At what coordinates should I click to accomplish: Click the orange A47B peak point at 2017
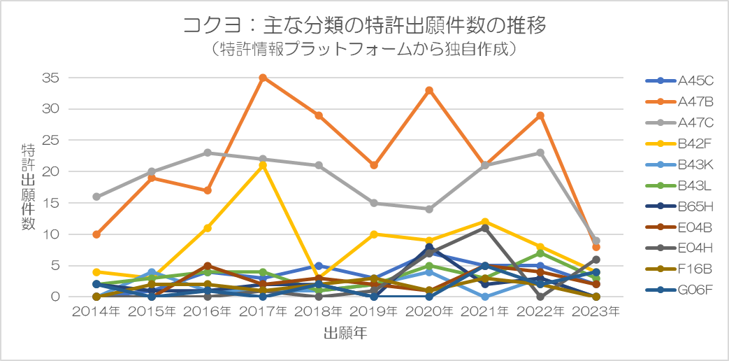coord(263,78)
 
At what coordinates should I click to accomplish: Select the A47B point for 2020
coord(429,90)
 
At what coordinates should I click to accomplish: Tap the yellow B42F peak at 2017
coord(263,165)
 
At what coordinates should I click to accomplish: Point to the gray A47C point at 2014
coord(96,197)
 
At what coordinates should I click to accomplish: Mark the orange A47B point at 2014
coord(96,234)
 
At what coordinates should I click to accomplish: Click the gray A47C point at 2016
coord(208,153)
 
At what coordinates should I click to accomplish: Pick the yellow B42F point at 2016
coord(208,228)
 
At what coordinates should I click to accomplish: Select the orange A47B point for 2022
coord(540,115)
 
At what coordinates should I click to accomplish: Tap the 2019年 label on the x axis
coord(374,313)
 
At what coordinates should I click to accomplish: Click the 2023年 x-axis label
coord(596,313)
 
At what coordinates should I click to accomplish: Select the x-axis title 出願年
coord(345,334)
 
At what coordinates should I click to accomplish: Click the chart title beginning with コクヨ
coord(364,26)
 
